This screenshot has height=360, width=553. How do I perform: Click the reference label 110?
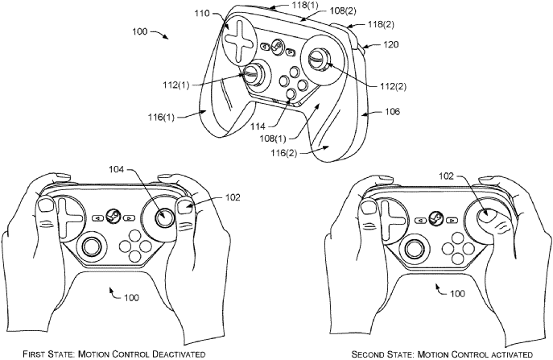coord(202,14)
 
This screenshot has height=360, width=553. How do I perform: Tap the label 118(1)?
coord(305,5)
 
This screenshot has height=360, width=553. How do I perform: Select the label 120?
coord(390,44)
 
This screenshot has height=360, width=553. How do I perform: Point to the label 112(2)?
coord(393,86)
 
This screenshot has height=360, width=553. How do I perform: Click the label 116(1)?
coord(161,117)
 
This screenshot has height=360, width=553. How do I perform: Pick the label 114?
coord(258,126)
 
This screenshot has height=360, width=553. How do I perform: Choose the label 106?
coord(392,112)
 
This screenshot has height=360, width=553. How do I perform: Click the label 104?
coord(117,170)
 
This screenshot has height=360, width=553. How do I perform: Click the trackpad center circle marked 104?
coord(165,217)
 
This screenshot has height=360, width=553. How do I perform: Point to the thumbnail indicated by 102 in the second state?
coord(487,216)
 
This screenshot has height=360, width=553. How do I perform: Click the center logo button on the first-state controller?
coord(113,216)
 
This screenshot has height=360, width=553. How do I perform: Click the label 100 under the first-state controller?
coord(131,298)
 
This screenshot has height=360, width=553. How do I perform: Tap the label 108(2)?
coord(343,11)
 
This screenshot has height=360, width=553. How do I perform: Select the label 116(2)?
coord(284,154)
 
